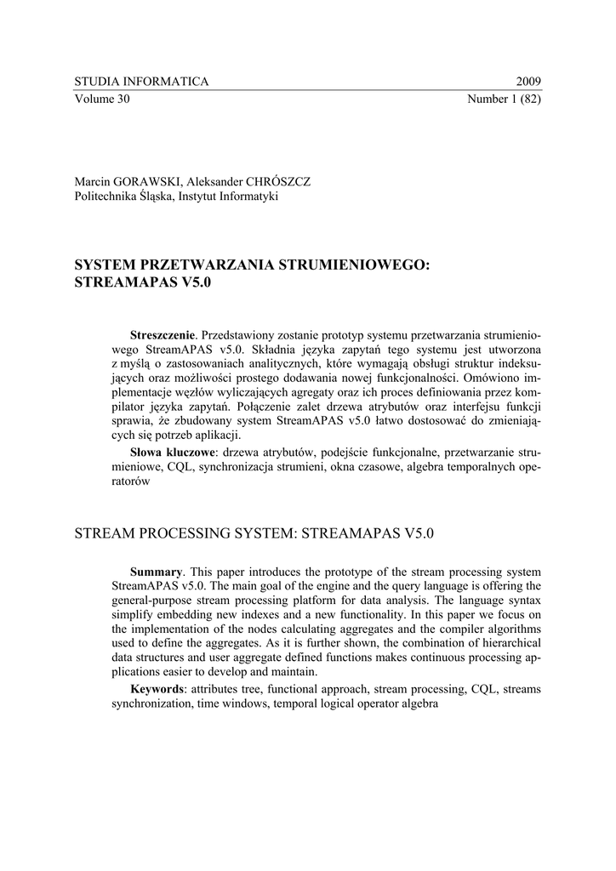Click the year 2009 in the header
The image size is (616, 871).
[528, 82]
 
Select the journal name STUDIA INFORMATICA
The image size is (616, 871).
[141, 82]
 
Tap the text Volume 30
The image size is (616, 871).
[102, 99]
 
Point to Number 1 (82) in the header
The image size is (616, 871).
[505, 99]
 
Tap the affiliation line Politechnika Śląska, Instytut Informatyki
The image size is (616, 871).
[176, 196]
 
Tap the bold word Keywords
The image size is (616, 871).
[157, 688]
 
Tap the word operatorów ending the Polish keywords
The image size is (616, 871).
[131, 481]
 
